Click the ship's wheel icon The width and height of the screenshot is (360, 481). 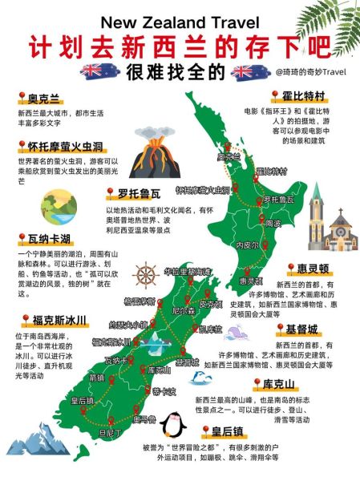pos(144,275)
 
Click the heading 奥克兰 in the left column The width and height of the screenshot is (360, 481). pos(43,99)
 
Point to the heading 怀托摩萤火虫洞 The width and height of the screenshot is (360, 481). pos(63,147)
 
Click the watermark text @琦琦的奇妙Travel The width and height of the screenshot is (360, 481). pos(313,71)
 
